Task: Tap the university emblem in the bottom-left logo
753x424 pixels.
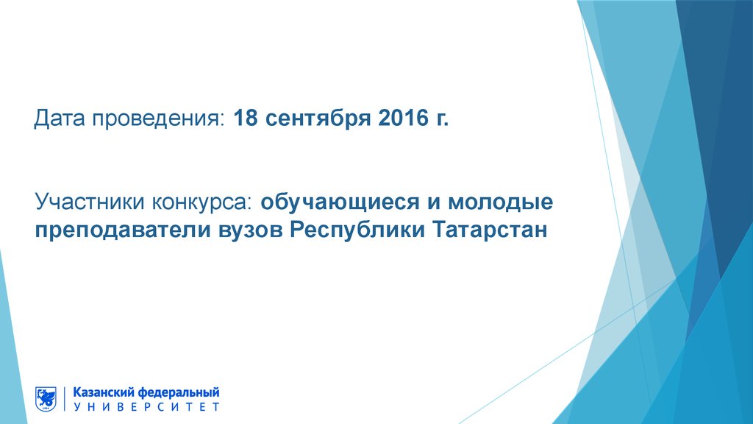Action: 46,398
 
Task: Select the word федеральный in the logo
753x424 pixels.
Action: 179,392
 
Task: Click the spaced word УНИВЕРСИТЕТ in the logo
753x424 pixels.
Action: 146,406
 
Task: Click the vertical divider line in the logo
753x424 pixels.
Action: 65,398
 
